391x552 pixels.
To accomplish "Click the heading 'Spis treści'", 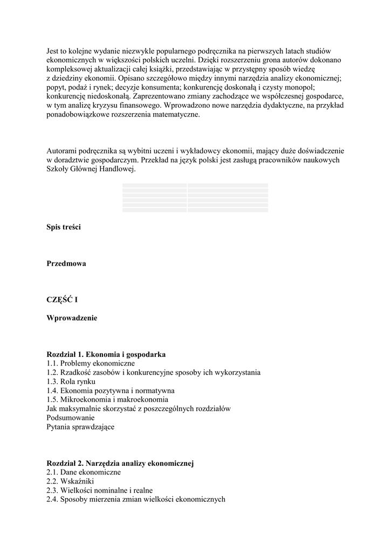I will click(x=64, y=227).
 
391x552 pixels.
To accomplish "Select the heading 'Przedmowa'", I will click(x=66, y=264).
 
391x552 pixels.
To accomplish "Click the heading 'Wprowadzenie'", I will click(x=72, y=318).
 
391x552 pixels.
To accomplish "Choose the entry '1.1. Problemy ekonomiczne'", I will click(x=91, y=363).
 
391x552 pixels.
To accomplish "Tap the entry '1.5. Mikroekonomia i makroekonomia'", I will click(x=107, y=399).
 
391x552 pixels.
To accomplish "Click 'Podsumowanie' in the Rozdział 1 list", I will click(x=71, y=418).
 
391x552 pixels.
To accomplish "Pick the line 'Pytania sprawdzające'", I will click(x=80, y=427).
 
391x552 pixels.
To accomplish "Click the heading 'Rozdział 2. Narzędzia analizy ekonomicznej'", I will click(x=120, y=463).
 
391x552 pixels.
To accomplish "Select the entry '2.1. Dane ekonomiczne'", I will click(x=84, y=472).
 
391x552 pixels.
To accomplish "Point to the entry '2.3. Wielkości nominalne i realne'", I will click(x=100, y=491).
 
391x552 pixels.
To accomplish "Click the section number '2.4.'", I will click(x=52, y=500).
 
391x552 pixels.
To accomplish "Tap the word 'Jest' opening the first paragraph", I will click(x=53, y=51).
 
